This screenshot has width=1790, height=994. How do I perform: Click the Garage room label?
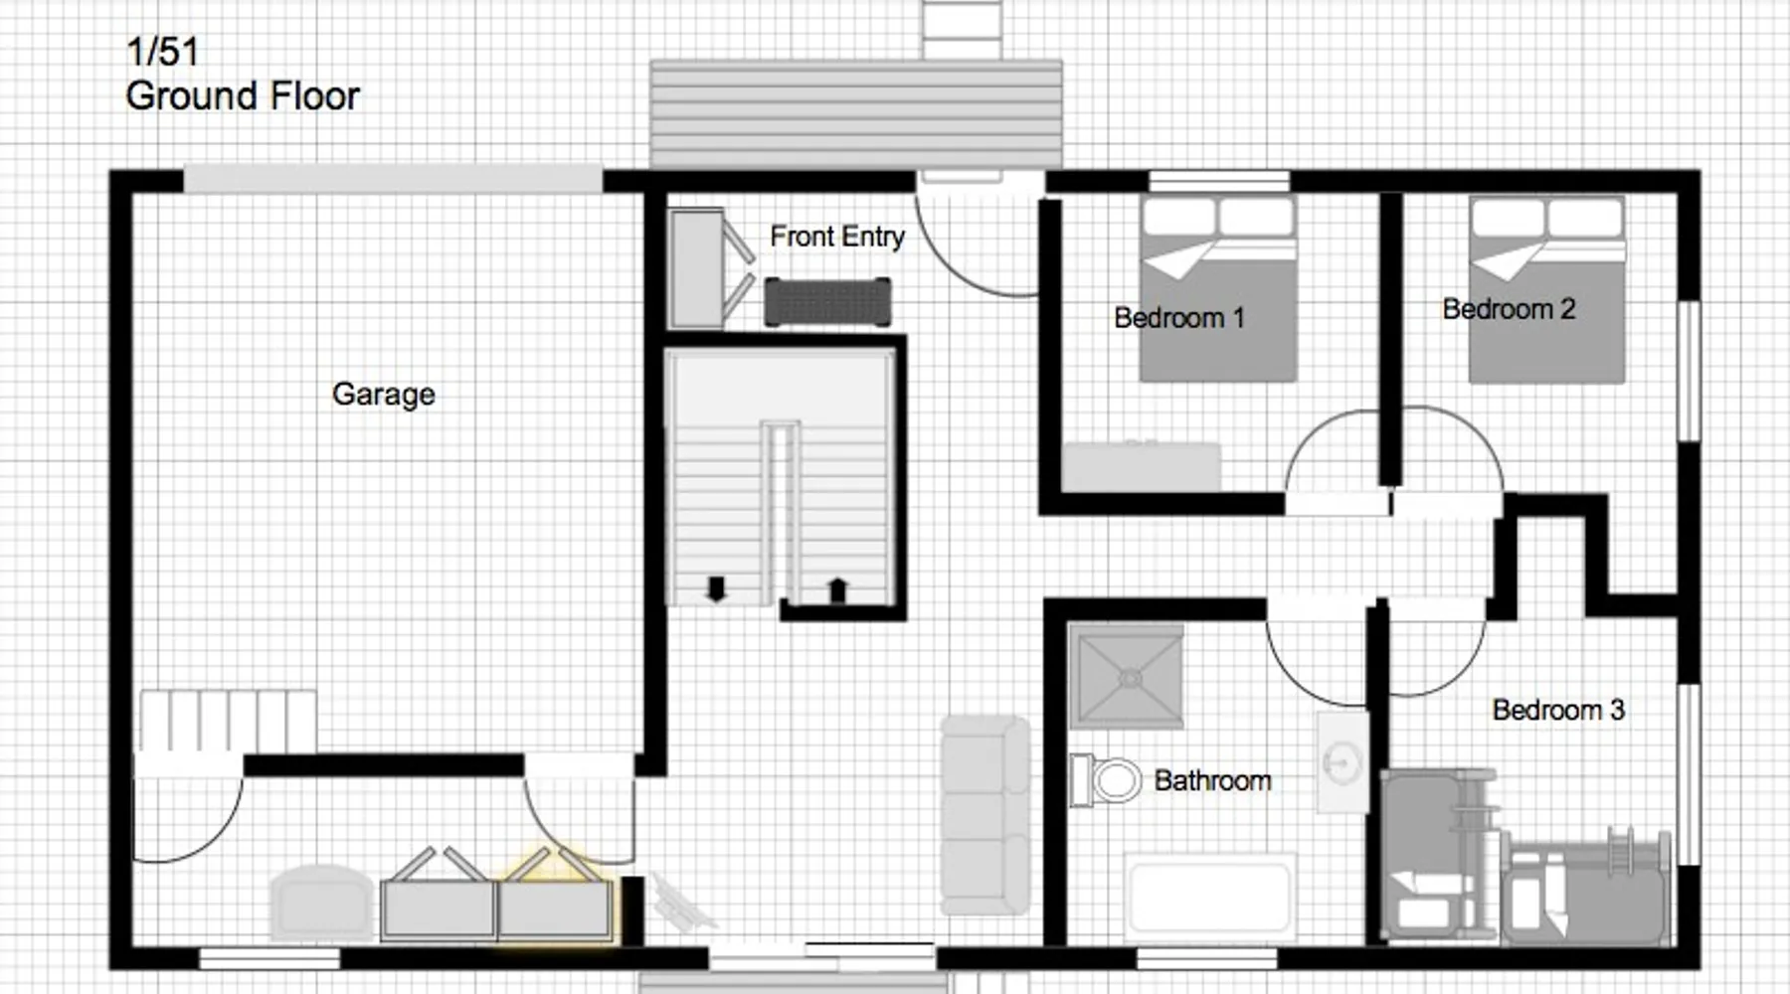[383, 394]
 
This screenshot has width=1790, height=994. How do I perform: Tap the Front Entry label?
[837, 237]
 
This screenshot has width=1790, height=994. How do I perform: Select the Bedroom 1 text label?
[1178, 318]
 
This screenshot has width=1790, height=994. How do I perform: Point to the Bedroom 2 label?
[1509, 309]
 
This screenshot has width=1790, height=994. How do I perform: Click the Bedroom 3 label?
[1558, 710]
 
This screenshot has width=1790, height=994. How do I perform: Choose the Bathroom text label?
[1212, 780]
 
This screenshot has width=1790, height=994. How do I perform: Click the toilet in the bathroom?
[1105, 779]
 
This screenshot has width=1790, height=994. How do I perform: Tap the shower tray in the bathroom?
[1127, 676]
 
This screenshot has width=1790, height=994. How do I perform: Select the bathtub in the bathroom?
[1210, 896]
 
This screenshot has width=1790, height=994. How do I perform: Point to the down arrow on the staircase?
[715, 588]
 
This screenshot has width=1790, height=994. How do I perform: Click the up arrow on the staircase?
[837, 589]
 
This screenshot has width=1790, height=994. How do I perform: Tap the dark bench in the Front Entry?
[827, 302]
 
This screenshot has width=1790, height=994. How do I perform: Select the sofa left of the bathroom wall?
[985, 815]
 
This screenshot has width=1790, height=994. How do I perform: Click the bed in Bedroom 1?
[1218, 288]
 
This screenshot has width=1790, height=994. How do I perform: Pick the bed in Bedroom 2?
[1547, 288]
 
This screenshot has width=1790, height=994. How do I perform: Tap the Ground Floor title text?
[243, 96]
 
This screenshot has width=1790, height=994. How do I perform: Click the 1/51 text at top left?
[162, 52]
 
